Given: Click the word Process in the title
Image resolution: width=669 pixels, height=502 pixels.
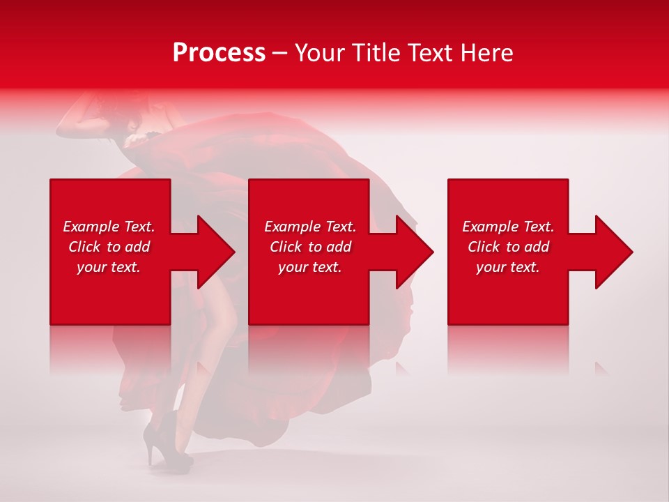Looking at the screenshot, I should pos(219,53).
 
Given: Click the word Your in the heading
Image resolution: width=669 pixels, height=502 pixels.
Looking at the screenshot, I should pos(321,53).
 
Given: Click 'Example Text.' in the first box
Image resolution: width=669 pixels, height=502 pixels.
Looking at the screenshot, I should pos(109,227).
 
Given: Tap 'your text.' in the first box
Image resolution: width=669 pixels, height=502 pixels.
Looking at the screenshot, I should pos(109,267).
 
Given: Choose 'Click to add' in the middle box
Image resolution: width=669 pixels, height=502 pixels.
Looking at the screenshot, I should pos(310,247).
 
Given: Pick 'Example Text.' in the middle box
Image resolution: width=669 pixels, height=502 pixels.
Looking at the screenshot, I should pos(310,227).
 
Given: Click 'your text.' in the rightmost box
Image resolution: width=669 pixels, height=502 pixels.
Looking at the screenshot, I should pos(508,267).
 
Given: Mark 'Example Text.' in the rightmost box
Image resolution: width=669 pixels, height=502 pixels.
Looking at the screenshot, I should pos(508,227).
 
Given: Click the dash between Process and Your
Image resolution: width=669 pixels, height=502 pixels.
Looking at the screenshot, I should pos(280,54).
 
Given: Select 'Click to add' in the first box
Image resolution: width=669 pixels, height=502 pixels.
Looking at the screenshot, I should pos(109,247).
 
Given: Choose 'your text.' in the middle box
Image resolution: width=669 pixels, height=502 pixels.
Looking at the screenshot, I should pos(310,267).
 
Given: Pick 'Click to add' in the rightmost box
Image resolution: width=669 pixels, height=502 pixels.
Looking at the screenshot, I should pos(508,247).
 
